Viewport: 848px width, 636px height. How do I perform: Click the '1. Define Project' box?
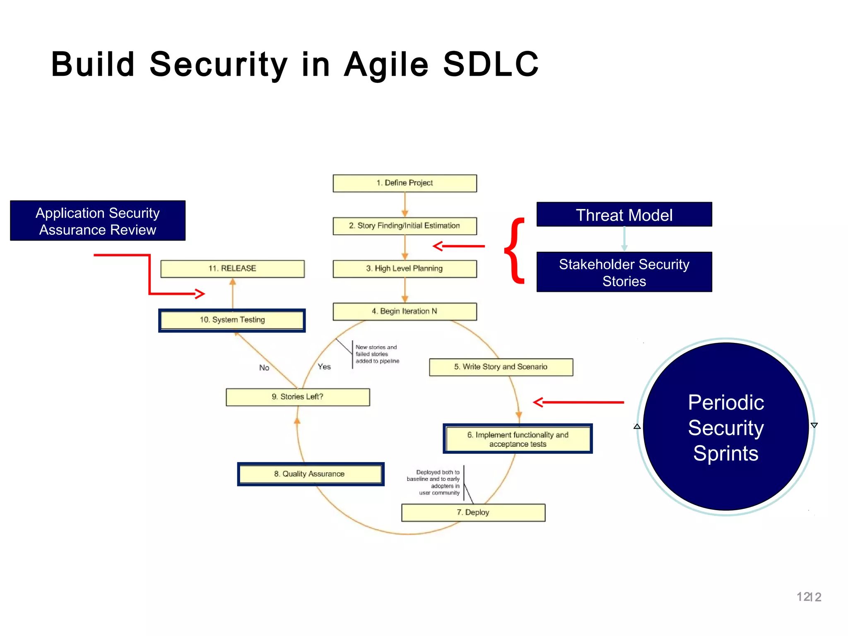coord(405,183)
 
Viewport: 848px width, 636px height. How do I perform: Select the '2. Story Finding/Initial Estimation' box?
coord(405,226)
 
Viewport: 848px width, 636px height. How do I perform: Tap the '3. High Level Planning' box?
coord(405,269)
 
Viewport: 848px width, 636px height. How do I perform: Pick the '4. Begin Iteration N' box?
coord(405,311)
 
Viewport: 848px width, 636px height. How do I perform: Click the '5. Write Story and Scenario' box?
coord(501,367)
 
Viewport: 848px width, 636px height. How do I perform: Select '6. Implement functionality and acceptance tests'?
coord(518,439)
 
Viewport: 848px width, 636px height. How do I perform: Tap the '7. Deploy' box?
coord(473,513)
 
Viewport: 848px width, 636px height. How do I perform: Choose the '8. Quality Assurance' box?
coord(310,474)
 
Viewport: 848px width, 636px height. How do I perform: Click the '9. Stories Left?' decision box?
coord(298,397)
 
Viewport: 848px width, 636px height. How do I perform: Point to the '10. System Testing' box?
coord(232,320)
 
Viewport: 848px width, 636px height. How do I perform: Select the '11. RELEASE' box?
coord(232,269)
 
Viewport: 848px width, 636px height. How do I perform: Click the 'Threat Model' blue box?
coord(624,214)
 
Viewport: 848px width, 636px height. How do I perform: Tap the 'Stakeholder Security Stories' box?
coord(624,272)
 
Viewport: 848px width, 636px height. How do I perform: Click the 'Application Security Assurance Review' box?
coord(98,221)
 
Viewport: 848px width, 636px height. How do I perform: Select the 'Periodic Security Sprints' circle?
coord(725,427)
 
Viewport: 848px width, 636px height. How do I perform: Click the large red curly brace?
coord(516,251)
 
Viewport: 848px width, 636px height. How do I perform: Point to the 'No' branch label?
coord(264,368)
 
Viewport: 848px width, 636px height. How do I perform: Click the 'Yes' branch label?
coord(324,367)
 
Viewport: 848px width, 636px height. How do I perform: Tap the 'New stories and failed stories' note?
coord(377,354)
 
